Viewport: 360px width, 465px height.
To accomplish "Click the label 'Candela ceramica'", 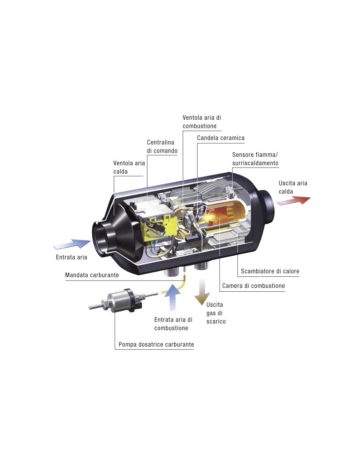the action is pos(221,138).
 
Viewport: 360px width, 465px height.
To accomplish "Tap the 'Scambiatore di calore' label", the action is pos(270,271).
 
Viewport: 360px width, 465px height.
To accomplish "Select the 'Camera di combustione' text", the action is pos(253,286).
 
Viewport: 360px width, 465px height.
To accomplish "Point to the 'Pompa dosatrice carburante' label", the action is pos(156,344).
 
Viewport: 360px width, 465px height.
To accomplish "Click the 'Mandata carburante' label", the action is pos(92,275).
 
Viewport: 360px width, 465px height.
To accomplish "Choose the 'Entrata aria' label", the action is pos(71,257).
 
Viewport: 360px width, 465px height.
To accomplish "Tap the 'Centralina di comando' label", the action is pos(162,146).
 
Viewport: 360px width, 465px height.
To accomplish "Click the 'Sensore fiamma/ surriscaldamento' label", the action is pos(255,159).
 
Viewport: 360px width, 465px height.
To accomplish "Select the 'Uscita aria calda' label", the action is pos(293,187).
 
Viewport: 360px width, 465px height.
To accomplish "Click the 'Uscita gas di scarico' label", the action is pos(216,313).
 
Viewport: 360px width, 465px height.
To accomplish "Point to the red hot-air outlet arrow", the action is pos(293,200).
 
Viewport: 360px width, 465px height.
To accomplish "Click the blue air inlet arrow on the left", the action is pos(72,244).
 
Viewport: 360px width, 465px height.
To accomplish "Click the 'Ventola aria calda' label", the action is pos(129,167).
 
